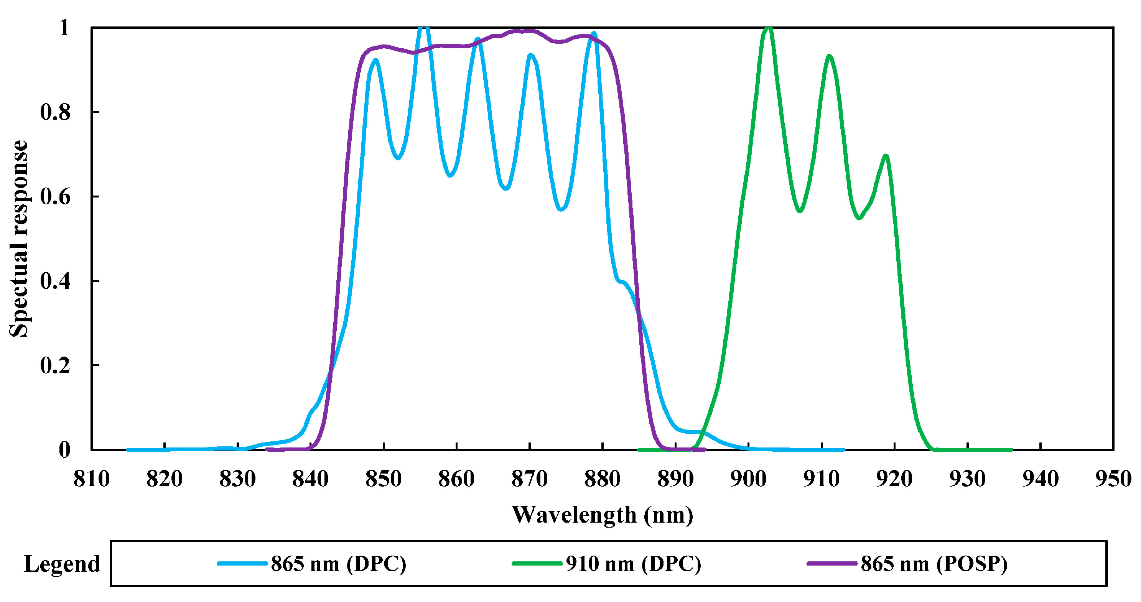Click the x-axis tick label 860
[x=456, y=479]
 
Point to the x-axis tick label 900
[x=748, y=479]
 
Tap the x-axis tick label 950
[x=1113, y=479]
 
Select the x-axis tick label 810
[x=91, y=479]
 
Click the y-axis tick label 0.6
[x=55, y=197]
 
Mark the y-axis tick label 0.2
[x=55, y=365]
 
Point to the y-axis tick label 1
[x=64, y=28]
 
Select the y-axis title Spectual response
[x=19, y=239]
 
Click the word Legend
[x=62, y=564]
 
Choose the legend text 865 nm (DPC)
[x=338, y=564]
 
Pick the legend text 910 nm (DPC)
[x=633, y=564]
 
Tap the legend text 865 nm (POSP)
[x=934, y=564]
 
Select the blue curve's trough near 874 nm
[x=561, y=209]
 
